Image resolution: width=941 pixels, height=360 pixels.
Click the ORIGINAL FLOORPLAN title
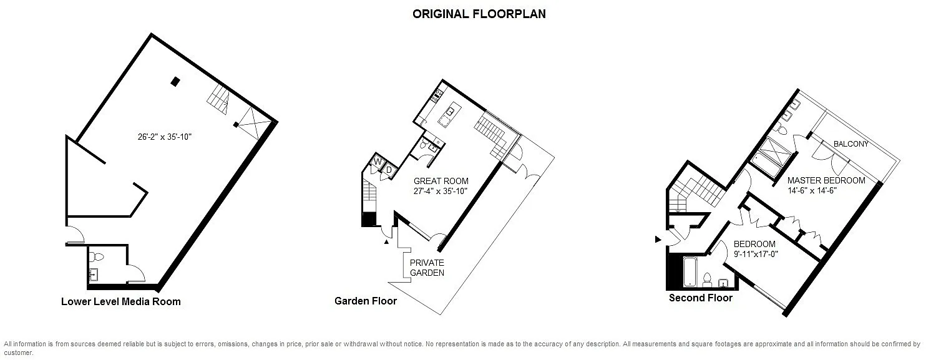coord(479,14)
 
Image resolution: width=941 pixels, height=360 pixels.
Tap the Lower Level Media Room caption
coord(121,301)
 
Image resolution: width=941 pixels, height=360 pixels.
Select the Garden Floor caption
coord(366,301)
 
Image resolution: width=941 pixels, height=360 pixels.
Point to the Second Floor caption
coord(701,298)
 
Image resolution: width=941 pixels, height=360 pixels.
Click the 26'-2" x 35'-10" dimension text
coord(165,137)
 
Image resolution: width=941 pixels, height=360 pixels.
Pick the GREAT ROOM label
coord(441,181)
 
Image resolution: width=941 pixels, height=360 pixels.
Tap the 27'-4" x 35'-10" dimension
coord(441,191)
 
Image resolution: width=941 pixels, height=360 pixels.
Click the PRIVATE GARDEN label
coord(427,268)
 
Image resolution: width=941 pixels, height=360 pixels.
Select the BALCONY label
coord(851,144)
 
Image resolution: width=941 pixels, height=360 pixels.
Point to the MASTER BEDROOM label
coord(826,180)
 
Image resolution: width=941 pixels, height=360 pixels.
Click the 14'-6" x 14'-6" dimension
coord(812,190)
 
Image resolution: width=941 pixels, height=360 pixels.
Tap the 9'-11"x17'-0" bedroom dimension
coord(756,254)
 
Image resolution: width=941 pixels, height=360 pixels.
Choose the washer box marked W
coord(378,162)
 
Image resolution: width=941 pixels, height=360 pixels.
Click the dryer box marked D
coord(389,170)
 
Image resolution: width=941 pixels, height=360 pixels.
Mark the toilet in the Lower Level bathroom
coord(99,256)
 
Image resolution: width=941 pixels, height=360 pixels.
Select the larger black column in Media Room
coord(175,82)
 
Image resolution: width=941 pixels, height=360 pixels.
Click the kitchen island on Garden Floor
coord(449,115)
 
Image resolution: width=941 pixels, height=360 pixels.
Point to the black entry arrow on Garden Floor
coord(386,241)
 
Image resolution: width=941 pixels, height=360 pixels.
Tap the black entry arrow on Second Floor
coord(658,240)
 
